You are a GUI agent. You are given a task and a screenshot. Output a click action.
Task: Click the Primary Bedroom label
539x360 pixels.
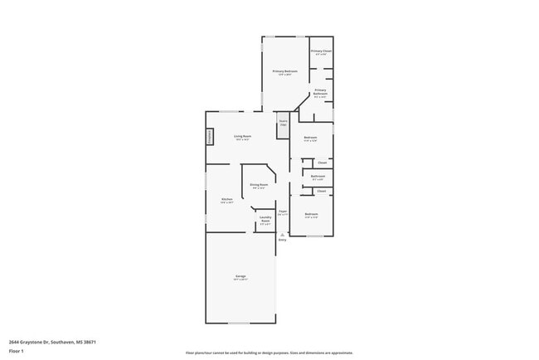pyautogui.click(x=285, y=71)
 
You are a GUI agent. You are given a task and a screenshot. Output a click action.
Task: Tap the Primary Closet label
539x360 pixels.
pyautogui.click(x=321, y=51)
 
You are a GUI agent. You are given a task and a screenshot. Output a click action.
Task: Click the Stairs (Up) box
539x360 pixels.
pyautogui.click(x=282, y=123)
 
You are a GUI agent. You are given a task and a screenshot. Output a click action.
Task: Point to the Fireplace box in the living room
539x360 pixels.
pyautogui.click(x=210, y=135)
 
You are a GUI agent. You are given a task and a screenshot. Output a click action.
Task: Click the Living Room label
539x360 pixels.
pyautogui.click(x=242, y=136)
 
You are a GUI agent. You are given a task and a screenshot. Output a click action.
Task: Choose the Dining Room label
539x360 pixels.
pyautogui.click(x=259, y=185)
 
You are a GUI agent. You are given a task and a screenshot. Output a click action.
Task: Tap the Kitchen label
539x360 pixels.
pyautogui.click(x=226, y=199)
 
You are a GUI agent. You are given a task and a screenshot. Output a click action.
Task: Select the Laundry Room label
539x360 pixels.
pyautogui.click(x=265, y=221)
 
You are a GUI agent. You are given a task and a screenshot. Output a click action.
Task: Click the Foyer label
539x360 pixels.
pyautogui.click(x=282, y=212)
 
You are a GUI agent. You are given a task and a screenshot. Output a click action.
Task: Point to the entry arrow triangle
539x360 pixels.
pyautogui.click(x=282, y=235)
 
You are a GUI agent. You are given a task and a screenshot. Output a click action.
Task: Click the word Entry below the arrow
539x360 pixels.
pyautogui.click(x=282, y=241)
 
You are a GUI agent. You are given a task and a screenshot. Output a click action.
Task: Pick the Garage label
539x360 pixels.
pyautogui.click(x=240, y=276)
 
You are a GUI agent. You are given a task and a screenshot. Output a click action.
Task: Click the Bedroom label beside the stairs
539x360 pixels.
pyautogui.click(x=310, y=137)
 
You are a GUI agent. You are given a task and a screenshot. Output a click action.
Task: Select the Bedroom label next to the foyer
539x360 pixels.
pyautogui.click(x=311, y=214)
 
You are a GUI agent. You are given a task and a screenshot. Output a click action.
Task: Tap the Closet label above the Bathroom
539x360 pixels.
pyautogui.click(x=322, y=163)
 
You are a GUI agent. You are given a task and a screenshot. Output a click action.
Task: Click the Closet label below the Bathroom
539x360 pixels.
pyautogui.click(x=321, y=191)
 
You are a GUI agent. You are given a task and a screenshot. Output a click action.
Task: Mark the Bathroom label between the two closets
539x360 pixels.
pyautogui.click(x=318, y=176)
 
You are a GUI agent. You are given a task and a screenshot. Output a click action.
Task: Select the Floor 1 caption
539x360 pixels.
pyautogui.click(x=17, y=351)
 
